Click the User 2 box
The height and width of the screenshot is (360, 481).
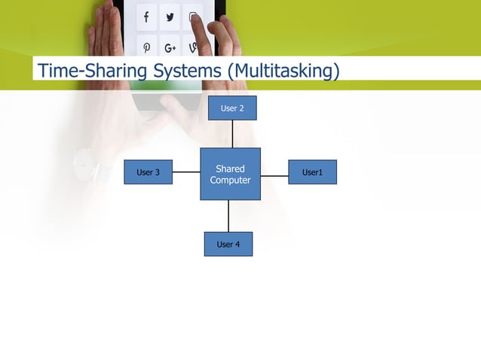tap(232, 108)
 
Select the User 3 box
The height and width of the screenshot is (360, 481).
tap(148, 172)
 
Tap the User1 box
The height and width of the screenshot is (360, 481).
tap(312, 172)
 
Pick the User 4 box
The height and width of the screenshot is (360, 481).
tap(228, 244)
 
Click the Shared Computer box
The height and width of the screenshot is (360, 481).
tap(230, 188)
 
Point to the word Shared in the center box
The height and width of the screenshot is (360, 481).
tap(230, 169)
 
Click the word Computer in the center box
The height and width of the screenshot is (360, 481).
tap(230, 180)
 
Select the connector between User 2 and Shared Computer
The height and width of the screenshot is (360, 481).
tap(232, 133)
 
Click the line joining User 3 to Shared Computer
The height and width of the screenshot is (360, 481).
tap(185, 172)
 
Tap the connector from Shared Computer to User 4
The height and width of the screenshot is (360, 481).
tap(228, 215)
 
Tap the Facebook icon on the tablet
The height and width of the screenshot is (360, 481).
tap(146, 17)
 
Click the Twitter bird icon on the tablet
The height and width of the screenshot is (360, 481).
tap(170, 17)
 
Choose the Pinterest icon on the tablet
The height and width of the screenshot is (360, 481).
tap(146, 47)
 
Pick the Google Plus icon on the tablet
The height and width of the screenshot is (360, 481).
tap(170, 47)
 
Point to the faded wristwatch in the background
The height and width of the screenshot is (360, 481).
tap(84, 163)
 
